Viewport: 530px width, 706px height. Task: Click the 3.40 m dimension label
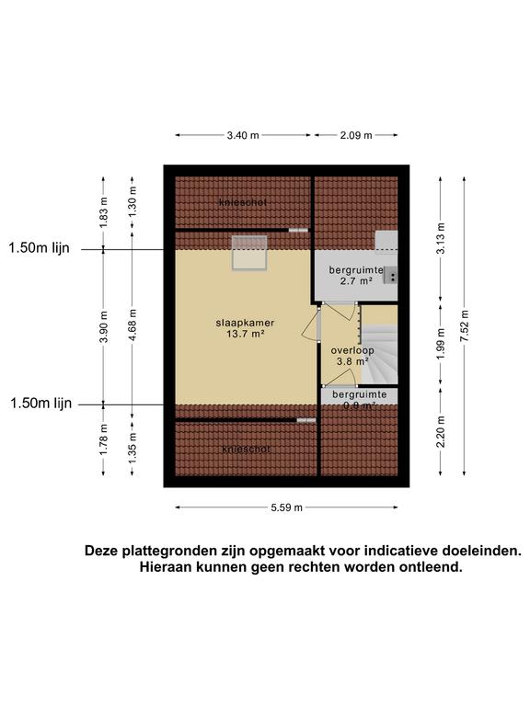click(243, 135)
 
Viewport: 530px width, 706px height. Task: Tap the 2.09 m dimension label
click(355, 135)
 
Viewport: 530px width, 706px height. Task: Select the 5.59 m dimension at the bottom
click(286, 507)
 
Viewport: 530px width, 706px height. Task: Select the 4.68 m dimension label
click(132, 327)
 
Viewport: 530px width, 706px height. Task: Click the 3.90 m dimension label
click(103, 327)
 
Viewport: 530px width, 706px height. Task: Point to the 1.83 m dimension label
click(103, 211)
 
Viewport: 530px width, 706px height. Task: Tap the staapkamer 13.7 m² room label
click(240, 328)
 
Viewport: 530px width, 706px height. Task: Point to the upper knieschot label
click(244, 202)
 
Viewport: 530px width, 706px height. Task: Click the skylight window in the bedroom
click(248, 253)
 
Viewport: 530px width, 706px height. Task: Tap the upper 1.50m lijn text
click(40, 247)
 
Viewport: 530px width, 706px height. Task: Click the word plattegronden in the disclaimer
click(171, 552)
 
